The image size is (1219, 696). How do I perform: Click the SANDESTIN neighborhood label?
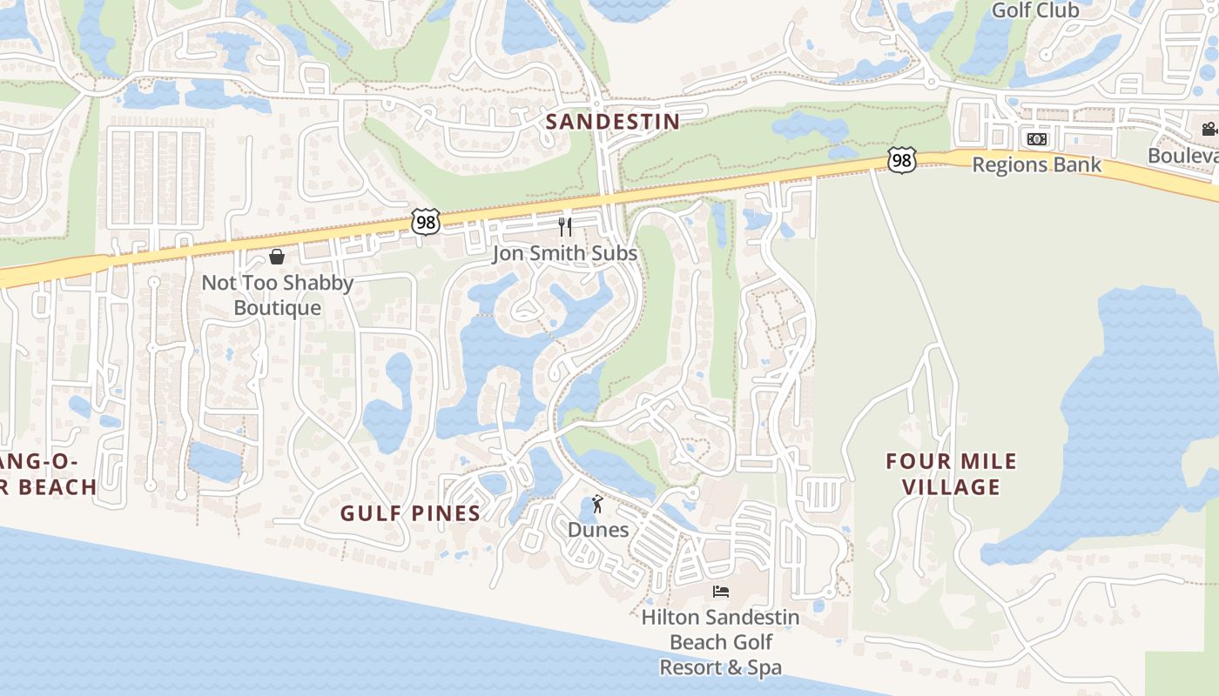[612, 122]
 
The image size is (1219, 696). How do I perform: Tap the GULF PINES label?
[410, 513]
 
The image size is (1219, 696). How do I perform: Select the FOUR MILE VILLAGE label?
[951, 473]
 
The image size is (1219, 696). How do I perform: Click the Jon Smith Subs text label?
[565, 253]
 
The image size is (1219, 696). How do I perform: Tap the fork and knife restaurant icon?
[565, 227]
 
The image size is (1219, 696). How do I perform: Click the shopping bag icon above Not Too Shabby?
[277, 257]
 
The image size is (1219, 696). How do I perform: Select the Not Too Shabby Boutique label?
[277, 295]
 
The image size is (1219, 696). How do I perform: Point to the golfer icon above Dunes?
[597, 504]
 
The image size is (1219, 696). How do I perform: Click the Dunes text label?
[598, 529]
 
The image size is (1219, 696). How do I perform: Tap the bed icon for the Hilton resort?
[720, 592]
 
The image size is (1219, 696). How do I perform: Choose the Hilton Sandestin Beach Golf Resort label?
[720, 642]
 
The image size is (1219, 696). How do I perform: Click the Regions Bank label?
[1036, 164]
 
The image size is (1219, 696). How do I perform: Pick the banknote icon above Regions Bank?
[1036, 139]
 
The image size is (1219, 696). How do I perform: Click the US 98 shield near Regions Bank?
[902, 159]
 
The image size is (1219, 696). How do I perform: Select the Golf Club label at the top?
[1035, 10]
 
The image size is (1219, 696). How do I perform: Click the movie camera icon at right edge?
[1209, 130]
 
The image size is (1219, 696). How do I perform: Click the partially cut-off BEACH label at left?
[48, 486]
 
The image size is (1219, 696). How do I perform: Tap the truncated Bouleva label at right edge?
[1182, 156]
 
